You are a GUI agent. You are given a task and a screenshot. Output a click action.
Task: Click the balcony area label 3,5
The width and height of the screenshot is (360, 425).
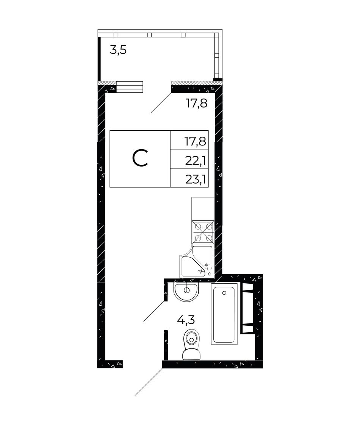[x=118, y=50]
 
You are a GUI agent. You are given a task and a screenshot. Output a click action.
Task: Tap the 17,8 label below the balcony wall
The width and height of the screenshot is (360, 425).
[x=197, y=103]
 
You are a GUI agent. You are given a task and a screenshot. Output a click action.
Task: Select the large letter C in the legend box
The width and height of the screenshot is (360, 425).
[x=140, y=158]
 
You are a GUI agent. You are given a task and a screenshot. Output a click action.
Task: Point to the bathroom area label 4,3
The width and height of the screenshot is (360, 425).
[x=186, y=320]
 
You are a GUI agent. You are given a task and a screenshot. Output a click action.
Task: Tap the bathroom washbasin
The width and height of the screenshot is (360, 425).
[x=186, y=292]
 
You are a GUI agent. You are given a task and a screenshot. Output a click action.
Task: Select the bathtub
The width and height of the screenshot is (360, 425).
[x=224, y=314]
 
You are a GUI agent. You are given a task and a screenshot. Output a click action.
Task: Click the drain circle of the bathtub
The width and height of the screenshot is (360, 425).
[x=224, y=293]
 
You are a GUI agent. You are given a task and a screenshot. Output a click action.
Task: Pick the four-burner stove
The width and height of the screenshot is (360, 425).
[x=203, y=232]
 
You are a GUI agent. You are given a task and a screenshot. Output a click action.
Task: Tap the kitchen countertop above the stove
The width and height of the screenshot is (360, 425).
[x=203, y=209]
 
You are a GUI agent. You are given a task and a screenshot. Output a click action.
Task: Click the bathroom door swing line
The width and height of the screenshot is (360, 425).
[x=154, y=311]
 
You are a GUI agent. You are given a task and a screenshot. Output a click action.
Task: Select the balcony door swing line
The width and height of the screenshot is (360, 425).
[x=161, y=102]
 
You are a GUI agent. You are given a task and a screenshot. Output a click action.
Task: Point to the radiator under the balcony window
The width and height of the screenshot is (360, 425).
[x=130, y=87]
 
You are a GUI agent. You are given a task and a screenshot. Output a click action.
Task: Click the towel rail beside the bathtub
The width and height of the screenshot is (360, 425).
[x=247, y=308]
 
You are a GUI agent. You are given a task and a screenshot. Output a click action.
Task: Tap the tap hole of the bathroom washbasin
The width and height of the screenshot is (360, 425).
[x=186, y=290]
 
